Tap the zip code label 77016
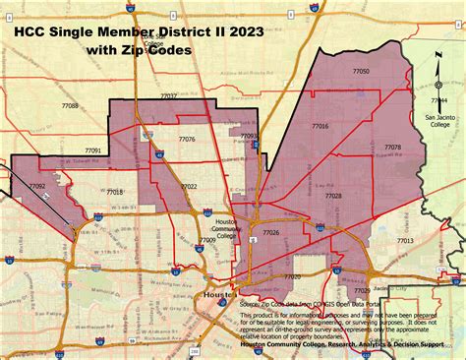(320, 126)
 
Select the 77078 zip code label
(391, 148)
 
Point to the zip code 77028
(333, 196)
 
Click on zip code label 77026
(271, 232)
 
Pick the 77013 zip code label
(404, 240)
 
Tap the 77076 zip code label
(187, 140)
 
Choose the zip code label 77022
(188, 186)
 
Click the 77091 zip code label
(92, 150)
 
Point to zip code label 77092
(37, 186)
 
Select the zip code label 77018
(115, 192)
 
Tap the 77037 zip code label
(169, 95)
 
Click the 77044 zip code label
(438, 100)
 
